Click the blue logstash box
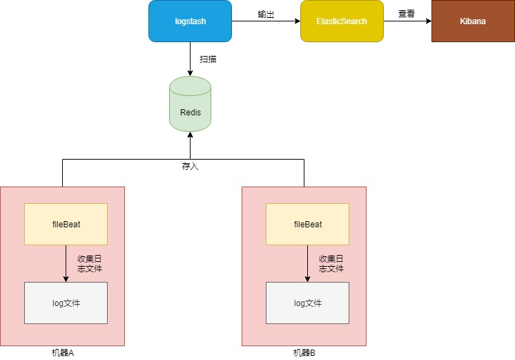tap(190, 21)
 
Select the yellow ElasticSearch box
tap(342, 21)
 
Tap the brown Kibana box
tap(473, 21)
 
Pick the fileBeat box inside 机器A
tap(66, 224)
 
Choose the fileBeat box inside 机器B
tap(307, 224)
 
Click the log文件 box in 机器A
tap(66, 303)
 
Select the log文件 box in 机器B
tap(307, 303)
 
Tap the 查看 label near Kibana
tap(406, 14)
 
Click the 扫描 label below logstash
tap(208, 59)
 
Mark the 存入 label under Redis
tap(190, 167)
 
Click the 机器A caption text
tap(62, 353)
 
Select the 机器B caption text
tap(304, 353)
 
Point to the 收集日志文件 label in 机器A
tap(89, 263)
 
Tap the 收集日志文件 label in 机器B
tap(331, 263)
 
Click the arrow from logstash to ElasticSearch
tap(266, 21)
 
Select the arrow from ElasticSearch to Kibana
tap(407, 21)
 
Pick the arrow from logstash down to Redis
tap(190, 59)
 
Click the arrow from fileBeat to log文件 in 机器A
tap(66, 263)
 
